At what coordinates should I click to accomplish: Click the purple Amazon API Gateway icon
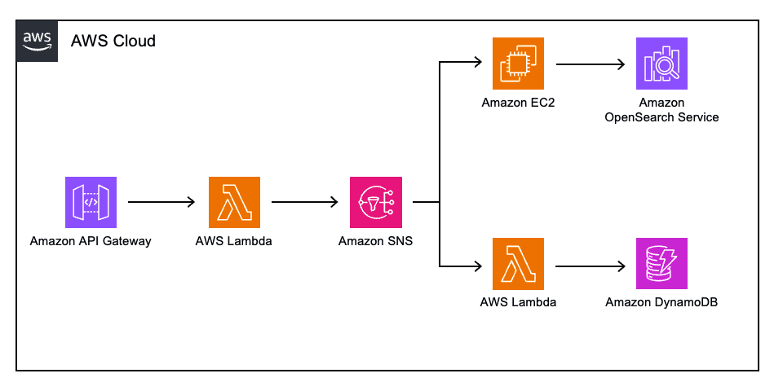pyautogui.click(x=91, y=201)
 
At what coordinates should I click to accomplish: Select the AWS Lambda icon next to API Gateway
pyautogui.click(x=234, y=201)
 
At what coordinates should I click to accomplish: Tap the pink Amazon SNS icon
pyautogui.click(x=375, y=201)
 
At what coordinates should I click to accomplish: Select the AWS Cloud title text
pyautogui.click(x=113, y=41)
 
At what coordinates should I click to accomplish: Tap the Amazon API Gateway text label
pyautogui.click(x=91, y=241)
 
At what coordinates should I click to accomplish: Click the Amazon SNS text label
pyautogui.click(x=375, y=241)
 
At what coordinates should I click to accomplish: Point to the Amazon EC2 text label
pyautogui.click(x=519, y=103)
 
